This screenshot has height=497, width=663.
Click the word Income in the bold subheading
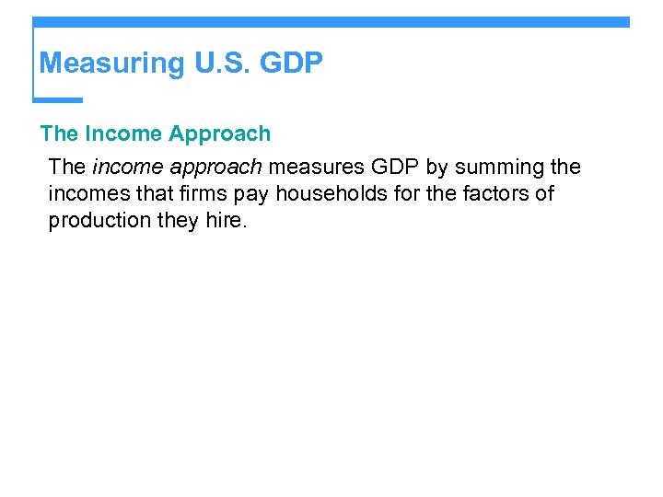point(122,133)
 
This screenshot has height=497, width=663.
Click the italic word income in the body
point(124,168)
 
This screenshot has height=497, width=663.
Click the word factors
point(495,194)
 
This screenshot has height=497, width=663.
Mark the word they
point(180,221)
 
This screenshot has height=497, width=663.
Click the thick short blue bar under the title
point(58,99)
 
